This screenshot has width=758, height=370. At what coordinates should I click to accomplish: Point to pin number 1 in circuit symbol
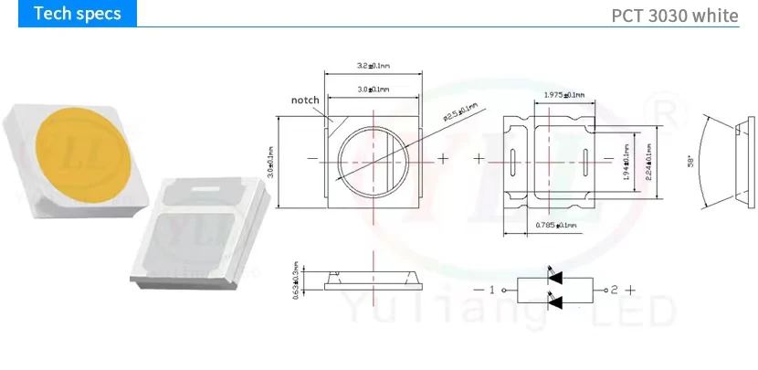click(x=492, y=290)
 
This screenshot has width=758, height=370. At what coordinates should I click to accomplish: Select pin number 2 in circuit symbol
click(x=615, y=290)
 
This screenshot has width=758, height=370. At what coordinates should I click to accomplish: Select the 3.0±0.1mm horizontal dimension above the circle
click(x=372, y=90)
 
